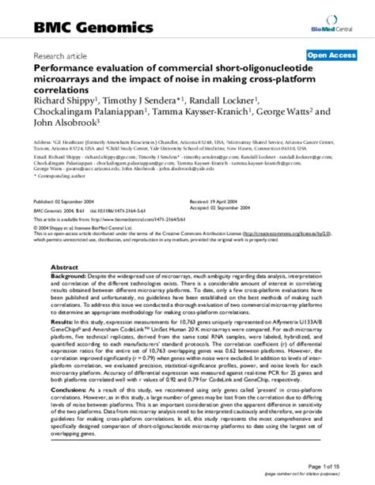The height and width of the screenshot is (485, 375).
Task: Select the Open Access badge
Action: click(x=330, y=56)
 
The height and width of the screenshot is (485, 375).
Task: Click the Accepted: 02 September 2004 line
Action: click(x=230, y=210)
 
